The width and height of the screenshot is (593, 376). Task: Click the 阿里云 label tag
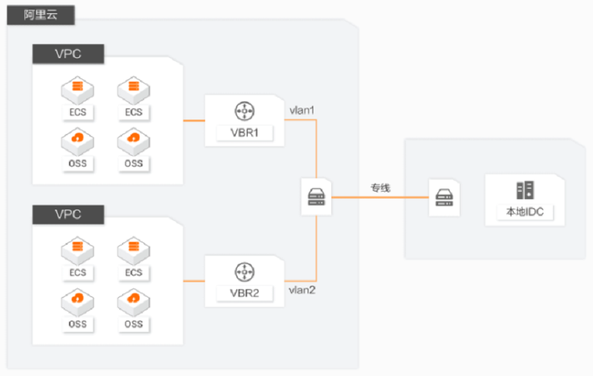(x=41, y=15)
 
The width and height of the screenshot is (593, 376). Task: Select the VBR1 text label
(x=244, y=133)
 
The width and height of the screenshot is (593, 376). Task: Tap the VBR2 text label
(x=244, y=293)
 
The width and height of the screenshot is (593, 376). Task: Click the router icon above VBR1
(x=245, y=111)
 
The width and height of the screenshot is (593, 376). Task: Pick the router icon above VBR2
(x=245, y=272)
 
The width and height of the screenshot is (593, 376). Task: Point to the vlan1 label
(x=302, y=110)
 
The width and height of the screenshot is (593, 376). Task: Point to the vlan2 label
(x=302, y=290)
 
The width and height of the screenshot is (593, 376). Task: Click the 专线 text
(x=380, y=187)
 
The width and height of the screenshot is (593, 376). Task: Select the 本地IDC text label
(x=525, y=212)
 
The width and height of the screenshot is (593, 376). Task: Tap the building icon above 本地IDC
(x=525, y=190)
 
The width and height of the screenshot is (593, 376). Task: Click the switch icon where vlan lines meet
(x=316, y=197)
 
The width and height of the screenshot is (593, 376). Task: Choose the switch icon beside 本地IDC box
(x=444, y=198)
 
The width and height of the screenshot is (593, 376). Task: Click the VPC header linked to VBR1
(x=68, y=54)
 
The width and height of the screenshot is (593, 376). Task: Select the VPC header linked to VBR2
(x=68, y=215)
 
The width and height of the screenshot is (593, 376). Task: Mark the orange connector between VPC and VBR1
(x=194, y=120)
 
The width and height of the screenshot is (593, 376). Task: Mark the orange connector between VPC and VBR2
(x=194, y=281)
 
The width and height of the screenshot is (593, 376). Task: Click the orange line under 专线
(x=380, y=197)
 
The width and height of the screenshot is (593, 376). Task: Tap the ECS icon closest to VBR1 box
(x=133, y=90)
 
